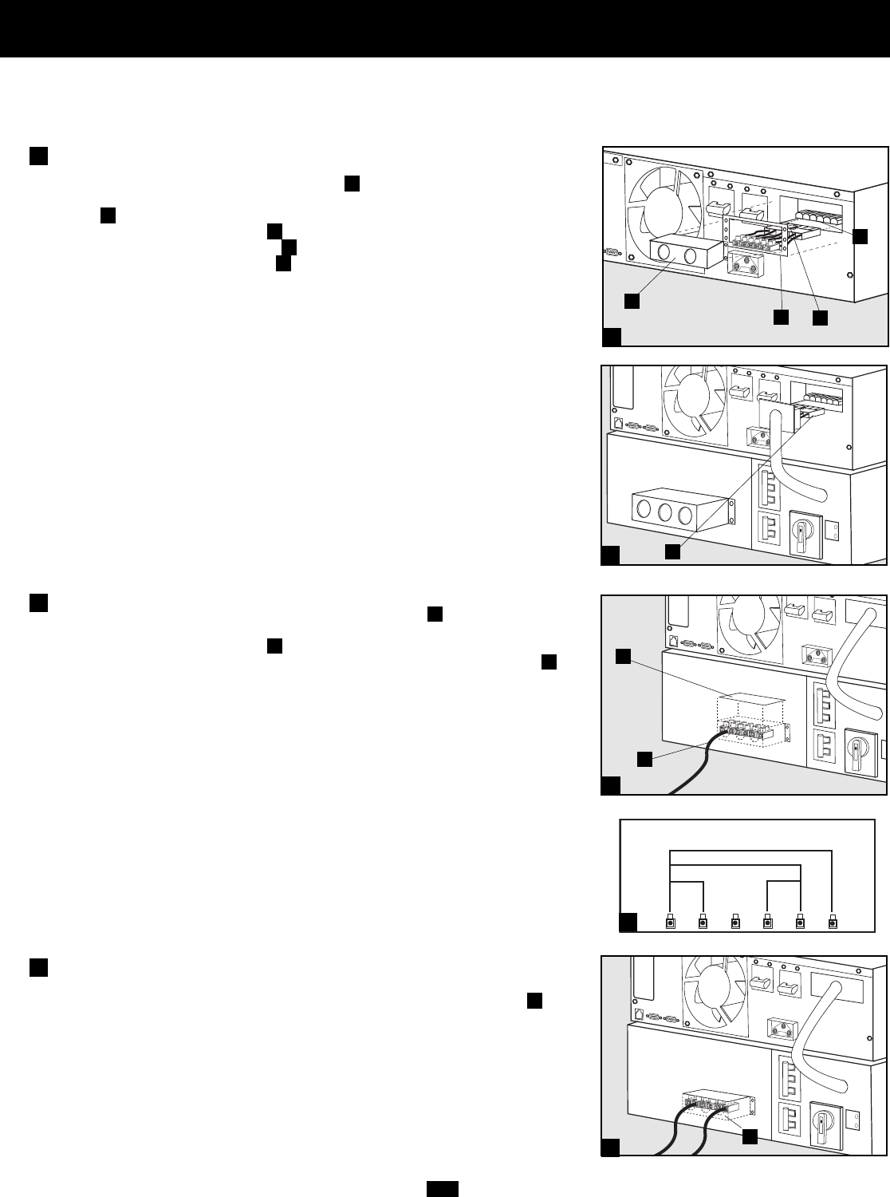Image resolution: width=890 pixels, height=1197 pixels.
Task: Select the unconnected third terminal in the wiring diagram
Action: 736,923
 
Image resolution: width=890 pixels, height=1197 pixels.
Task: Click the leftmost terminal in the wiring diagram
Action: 671,923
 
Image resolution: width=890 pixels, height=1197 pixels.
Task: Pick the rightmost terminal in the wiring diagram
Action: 833,923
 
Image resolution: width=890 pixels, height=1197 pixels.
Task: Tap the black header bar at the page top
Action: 445,28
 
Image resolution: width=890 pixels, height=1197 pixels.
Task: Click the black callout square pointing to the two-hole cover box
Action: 631,301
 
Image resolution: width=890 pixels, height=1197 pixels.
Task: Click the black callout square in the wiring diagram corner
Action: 629,922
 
